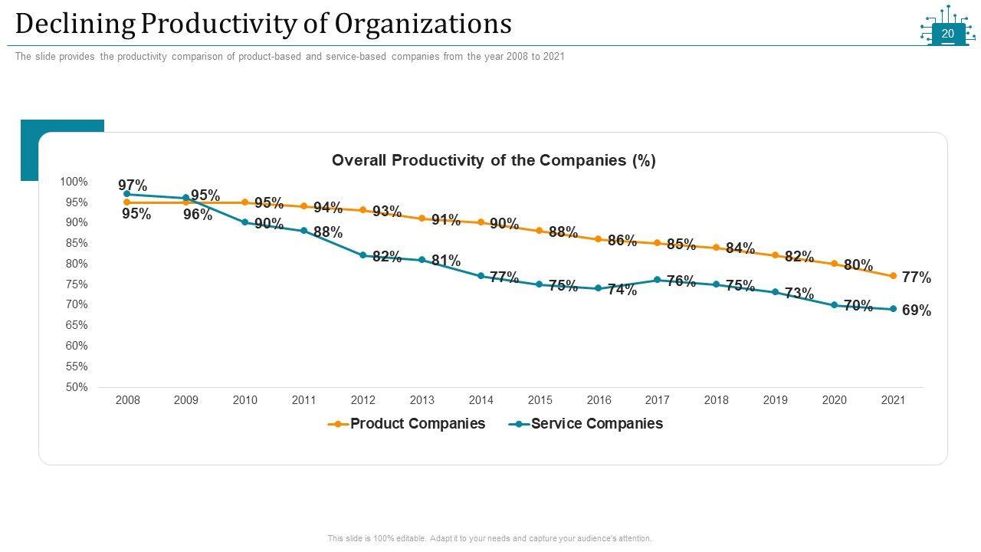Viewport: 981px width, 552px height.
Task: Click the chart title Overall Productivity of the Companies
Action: (x=494, y=160)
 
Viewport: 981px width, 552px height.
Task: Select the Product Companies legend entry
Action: (x=417, y=424)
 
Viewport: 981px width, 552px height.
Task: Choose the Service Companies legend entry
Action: (x=596, y=424)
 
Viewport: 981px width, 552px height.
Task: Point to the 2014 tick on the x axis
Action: (x=481, y=400)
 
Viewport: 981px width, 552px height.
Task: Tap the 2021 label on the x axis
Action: (x=893, y=400)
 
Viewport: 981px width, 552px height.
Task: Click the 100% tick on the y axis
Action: (x=74, y=182)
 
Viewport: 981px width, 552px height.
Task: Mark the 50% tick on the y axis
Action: (x=77, y=387)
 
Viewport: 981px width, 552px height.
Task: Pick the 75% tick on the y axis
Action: (x=77, y=284)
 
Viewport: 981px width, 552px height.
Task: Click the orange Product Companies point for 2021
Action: (x=893, y=276)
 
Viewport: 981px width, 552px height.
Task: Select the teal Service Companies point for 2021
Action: (x=893, y=309)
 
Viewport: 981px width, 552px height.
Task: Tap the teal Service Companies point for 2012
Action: (x=363, y=255)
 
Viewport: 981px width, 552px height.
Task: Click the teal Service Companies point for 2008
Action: (x=126, y=194)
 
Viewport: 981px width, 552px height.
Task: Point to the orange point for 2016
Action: (x=599, y=239)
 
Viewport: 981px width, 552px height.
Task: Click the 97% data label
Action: (x=133, y=185)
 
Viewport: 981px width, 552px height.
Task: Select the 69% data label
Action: (x=917, y=310)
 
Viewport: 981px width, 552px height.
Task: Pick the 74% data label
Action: (x=622, y=290)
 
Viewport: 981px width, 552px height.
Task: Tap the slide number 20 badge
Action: (x=948, y=34)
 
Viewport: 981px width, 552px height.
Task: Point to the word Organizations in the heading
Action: (x=424, y=25)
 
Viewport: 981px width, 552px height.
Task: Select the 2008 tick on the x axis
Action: (x=127, y=400)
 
